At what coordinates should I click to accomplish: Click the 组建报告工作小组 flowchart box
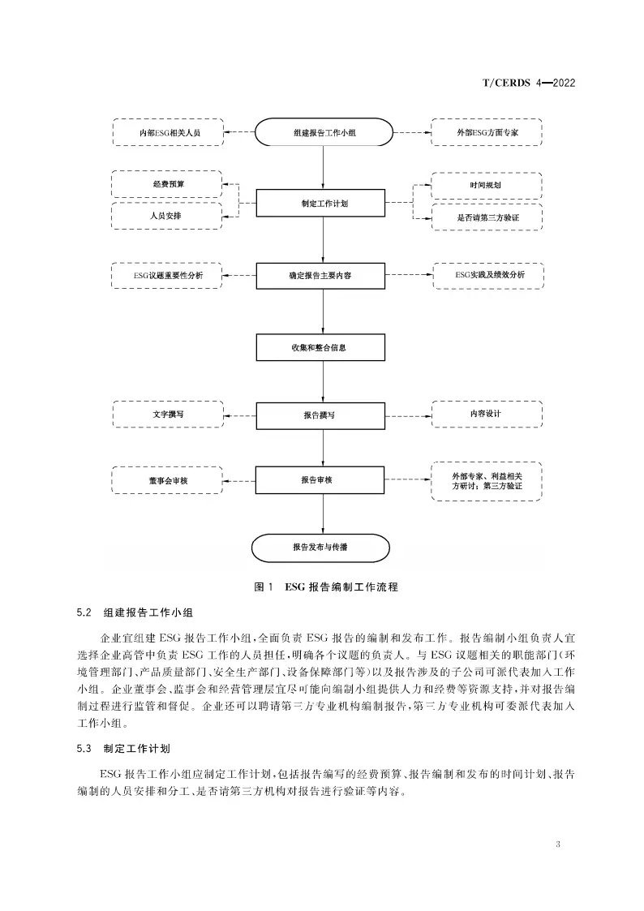coord(324,132)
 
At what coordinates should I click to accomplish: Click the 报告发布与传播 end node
coord(324,547)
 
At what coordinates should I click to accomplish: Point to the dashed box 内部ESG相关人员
coord(168,132)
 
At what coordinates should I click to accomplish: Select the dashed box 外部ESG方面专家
coord(487,132)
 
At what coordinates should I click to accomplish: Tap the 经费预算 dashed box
coord(166,184)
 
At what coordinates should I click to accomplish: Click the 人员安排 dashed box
coord(166,216)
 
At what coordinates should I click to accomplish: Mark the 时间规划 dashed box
coord(487,186)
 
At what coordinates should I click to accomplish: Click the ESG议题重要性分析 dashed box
coord(169,276)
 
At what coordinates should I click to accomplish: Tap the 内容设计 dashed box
coord(487,414)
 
